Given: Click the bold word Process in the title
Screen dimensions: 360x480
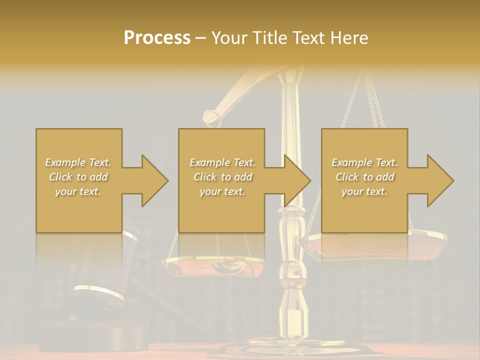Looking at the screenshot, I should click(x=157, y=38).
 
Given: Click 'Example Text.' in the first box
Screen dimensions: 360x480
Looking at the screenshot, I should click(x=78, y=162).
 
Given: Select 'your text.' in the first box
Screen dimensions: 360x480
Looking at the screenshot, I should click(x=78, y=191).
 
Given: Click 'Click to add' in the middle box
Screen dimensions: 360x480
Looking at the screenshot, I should click(x=222, y=177).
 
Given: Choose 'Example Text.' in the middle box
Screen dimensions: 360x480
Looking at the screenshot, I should click(x=222, y=162).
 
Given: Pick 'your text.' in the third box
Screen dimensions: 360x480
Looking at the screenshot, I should click(x=364, y=191).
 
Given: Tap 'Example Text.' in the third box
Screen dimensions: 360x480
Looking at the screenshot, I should click(x=364, y=162).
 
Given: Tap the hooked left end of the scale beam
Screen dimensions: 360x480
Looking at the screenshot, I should click(x=212, y=117).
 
